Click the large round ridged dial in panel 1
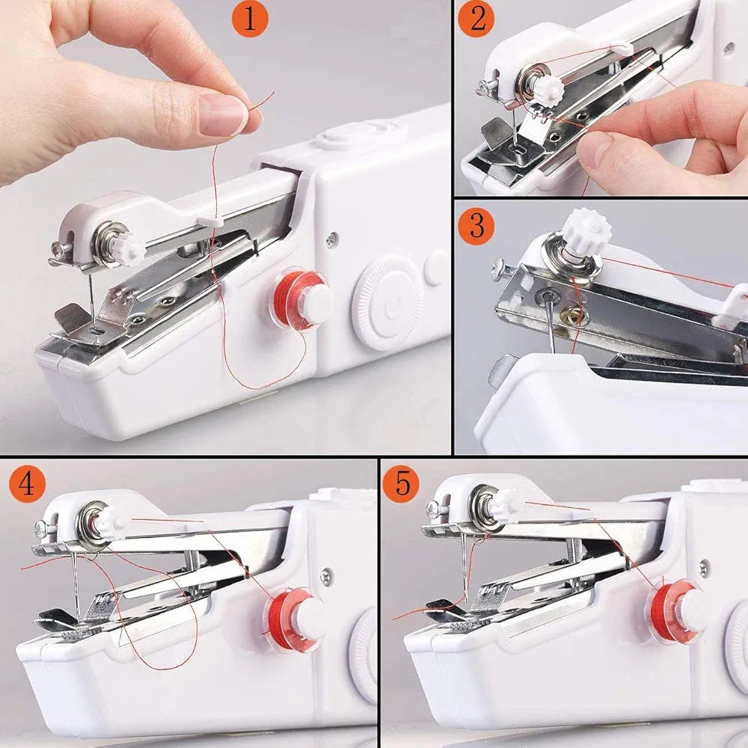[387, 301]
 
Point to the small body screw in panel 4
[326, 576]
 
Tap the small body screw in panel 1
[331, 239]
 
